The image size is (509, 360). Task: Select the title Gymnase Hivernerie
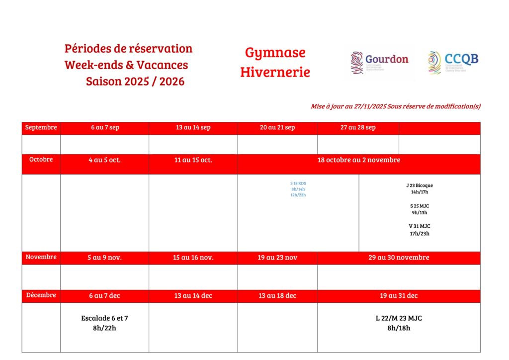(x=275, y=62)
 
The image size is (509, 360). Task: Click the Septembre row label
(x=41, y=128)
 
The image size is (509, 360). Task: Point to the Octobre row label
(x=41, y=160)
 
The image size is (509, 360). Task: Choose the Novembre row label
(x=41, y=257)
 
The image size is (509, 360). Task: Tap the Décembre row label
(x=41, y=295)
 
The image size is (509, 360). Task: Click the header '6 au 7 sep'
(x=105, y=128)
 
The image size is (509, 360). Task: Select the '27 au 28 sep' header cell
(x=358, y=128)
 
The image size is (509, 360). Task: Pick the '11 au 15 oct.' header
(x=193, y=160)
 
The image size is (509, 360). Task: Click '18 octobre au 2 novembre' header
(x=359, y=160)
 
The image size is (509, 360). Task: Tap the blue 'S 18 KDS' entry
(x=298, y=183)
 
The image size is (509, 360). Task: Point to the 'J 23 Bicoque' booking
(x=420, y=185)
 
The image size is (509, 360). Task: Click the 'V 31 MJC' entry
(x=420, y=226)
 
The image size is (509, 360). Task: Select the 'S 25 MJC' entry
(x=420, y=206)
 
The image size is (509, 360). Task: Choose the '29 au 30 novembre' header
(x=399, y=258)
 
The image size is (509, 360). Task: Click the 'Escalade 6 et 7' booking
(x=104, y=318)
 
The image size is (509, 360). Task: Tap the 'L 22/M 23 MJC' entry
(x=399, y=318)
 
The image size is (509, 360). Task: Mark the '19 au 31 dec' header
(x=399, y=296)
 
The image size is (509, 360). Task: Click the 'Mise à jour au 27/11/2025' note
(x=395, y=106)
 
